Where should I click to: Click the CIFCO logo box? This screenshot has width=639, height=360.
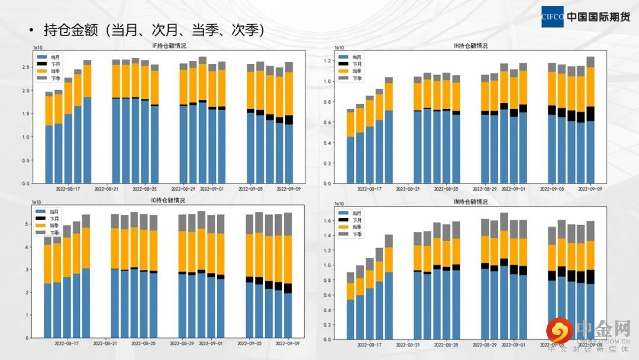(553, 17)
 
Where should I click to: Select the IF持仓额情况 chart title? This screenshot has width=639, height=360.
(169, 46)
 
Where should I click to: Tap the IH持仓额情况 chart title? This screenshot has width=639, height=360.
(470, 46)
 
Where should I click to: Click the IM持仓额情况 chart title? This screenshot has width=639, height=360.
(470, 202)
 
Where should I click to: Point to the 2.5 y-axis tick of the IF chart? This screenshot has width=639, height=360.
(26, 67)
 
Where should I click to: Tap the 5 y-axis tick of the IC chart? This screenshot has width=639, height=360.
(27, 224)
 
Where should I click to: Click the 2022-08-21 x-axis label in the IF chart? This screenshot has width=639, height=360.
(106, 189)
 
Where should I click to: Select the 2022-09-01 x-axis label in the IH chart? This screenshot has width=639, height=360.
(514, 189)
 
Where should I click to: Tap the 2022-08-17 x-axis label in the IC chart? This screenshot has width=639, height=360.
(67, 343)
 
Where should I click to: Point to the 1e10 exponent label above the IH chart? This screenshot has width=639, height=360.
(340, 47)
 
